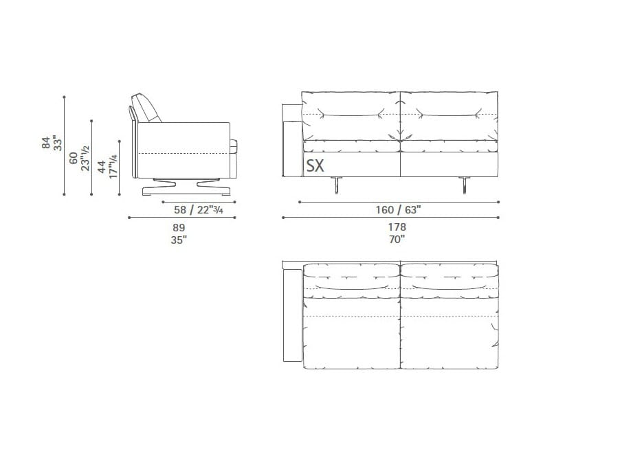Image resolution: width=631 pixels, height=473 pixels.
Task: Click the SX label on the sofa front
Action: click(315, 165)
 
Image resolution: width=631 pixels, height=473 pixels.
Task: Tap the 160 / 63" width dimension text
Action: click(398, 210)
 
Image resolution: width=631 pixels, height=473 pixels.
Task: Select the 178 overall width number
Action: click(397, 227)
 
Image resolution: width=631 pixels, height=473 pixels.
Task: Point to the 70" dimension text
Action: click(397, 240)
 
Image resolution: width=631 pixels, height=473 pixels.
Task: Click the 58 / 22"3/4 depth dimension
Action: click(199, 210)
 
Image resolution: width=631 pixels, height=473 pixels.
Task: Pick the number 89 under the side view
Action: click(179, 228)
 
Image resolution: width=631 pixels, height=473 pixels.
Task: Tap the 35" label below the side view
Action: click(179, 240)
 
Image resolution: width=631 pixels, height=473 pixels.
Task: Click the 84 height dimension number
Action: click(46, 143)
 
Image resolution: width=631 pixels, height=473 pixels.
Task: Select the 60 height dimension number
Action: click(74, 158)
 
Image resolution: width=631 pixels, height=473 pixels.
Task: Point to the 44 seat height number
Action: click(102, 166)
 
